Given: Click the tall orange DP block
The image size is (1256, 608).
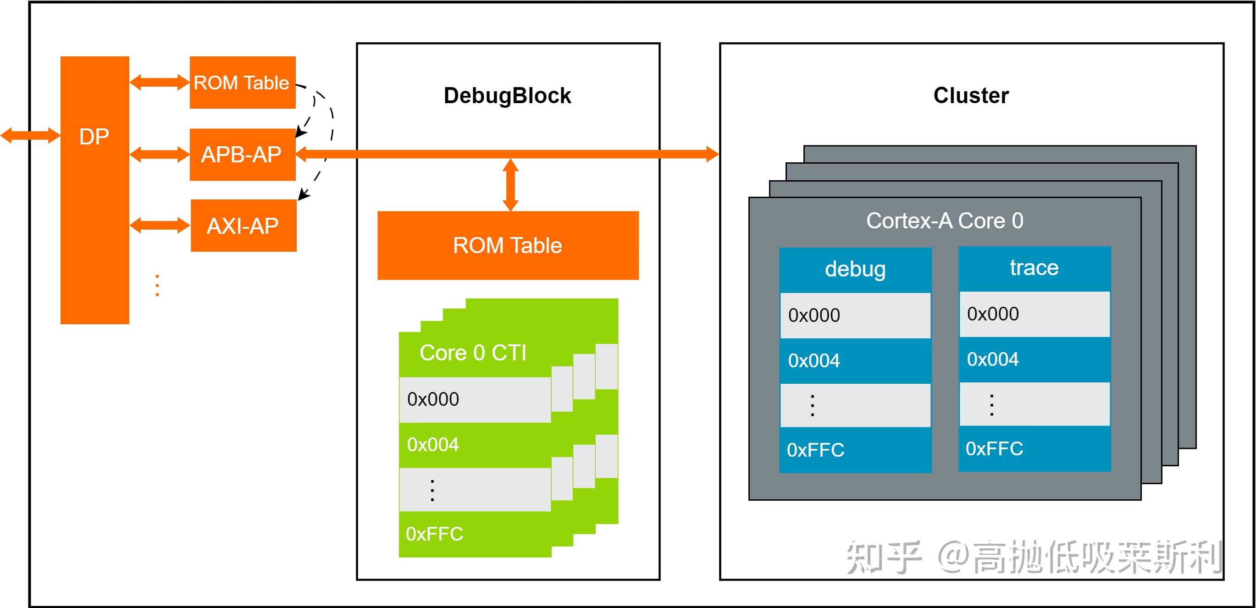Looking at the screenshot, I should pyautogui.click(x=94, y=190).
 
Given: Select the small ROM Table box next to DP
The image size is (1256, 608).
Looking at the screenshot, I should pyautogui.click(x=242, y=83).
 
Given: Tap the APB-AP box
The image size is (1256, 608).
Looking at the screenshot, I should pyautogui.click(x=242, y=155).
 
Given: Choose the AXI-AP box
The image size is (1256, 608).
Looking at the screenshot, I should pyautogui.click(x=243, y=226).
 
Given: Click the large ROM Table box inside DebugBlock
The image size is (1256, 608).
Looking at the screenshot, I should pyautogui.click(x=508, y=245).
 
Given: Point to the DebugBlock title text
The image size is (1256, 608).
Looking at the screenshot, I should pyautogui.click(x=507, y=95).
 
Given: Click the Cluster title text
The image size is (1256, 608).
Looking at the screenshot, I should pyautogui.click(x=971, y=95).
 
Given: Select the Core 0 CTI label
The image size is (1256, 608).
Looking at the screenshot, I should pyautogui.click(x=473, y=353).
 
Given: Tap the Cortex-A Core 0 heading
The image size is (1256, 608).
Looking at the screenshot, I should pyautogui.click(x=945, y=221).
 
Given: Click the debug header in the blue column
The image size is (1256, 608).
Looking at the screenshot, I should pyautogui.click(x=855, y=269).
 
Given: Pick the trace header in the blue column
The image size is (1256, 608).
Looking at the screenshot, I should pyautogui.click(x=1034, y=268).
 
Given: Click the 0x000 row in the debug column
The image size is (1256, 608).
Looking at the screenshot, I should pyautogui.click(x=855, y=315).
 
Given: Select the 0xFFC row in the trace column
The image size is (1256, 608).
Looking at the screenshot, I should pyautogui.click(x=1034, y=448).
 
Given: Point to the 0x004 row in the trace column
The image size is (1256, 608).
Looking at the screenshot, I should pyautogui.click(x=1034, y=359).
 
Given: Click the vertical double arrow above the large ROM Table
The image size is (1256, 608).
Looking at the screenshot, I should pyautogui.click(x=510, y=185).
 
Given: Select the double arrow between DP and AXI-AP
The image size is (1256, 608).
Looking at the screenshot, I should pyautogui.click(x=160, y=225).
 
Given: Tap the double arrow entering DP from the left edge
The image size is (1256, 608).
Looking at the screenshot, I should pyautogui.click(x=30, y=135).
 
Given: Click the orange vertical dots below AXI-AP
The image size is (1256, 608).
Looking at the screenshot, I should pyautogui.click(x=157, y=285).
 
